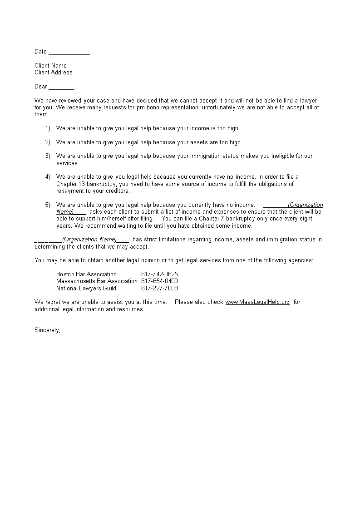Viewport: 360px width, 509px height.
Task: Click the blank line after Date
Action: click(69, 52)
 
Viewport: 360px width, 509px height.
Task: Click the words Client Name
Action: click(50, 65)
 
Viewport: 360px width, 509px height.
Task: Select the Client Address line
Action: click(54, 72)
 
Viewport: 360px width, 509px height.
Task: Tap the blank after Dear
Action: click(61, 87)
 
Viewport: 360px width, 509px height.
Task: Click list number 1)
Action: click(48, 128)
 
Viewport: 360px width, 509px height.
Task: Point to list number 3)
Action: click(48, 156)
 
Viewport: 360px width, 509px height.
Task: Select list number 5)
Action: click(48, 205)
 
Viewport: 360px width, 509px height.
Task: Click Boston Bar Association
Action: click(86, 274)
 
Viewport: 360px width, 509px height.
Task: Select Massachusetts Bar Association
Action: click(97, 281)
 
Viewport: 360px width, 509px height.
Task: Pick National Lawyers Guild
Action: click(86, 288)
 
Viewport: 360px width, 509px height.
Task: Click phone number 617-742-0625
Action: click(159, 274)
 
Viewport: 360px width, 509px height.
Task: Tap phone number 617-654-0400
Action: click(159, 281)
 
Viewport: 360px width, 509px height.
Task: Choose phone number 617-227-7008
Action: click(159, 288)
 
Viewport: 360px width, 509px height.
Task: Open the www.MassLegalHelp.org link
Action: click(257, 302)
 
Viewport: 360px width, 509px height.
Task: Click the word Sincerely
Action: click(47, 330)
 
